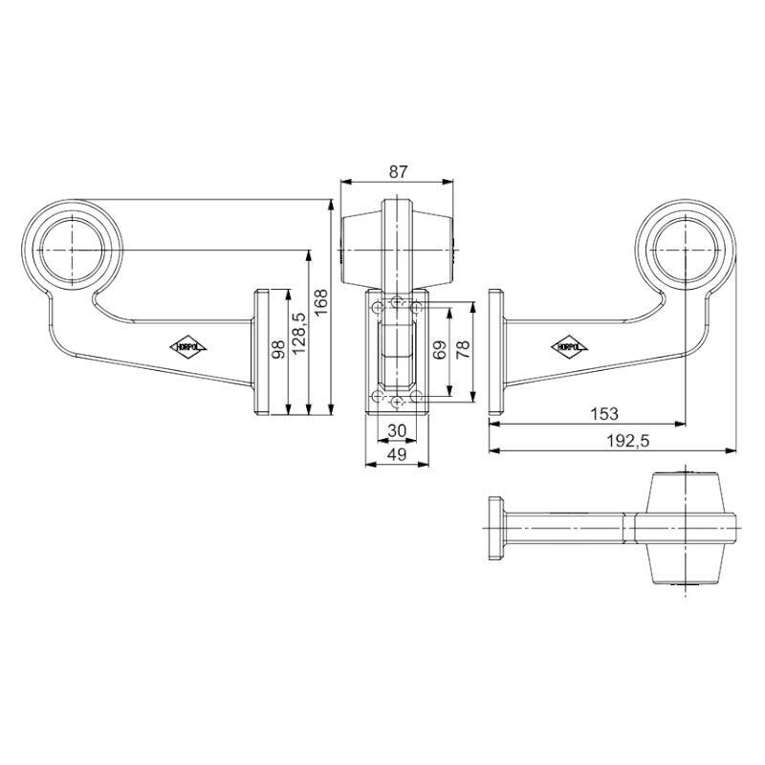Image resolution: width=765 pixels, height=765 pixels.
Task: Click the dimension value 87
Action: [x=398, y=172]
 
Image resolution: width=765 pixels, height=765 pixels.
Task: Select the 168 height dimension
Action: [x=321, y=302]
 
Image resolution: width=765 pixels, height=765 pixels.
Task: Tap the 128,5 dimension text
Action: [x=298, y=333]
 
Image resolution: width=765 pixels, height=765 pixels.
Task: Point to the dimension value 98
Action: [x=278, y=349]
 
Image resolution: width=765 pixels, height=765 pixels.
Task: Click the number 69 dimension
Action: [x=440, y=350]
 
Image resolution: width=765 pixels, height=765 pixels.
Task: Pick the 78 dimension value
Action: [x=463, y=349]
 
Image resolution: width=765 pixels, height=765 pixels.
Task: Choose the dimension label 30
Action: [x=397, y=431]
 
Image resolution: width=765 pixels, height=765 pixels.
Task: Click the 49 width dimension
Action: [x=397, y=454]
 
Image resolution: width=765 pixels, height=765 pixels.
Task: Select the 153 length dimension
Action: [x=604, y=414]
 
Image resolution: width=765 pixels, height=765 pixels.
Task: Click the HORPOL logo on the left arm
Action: [x=188, y=347]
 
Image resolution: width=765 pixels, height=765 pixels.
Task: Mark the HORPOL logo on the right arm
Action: [x=569, y=347]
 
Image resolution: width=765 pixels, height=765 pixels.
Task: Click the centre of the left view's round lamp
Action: [x=73, y=250]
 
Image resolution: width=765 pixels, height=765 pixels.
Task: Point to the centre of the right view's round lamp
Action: [x=686, y=250]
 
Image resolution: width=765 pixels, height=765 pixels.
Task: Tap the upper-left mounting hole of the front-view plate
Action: [x=378, y=307]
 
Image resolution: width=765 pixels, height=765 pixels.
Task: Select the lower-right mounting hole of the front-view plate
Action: [x=416, y=396]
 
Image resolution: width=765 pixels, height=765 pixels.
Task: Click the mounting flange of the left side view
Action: [x=261, y=352]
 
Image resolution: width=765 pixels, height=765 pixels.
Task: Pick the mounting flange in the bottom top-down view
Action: [x=496, y=528]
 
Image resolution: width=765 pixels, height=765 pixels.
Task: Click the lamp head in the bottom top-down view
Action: [x=685, y=528]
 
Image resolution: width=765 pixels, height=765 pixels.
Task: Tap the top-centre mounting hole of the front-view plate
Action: [x=398, y=300]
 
